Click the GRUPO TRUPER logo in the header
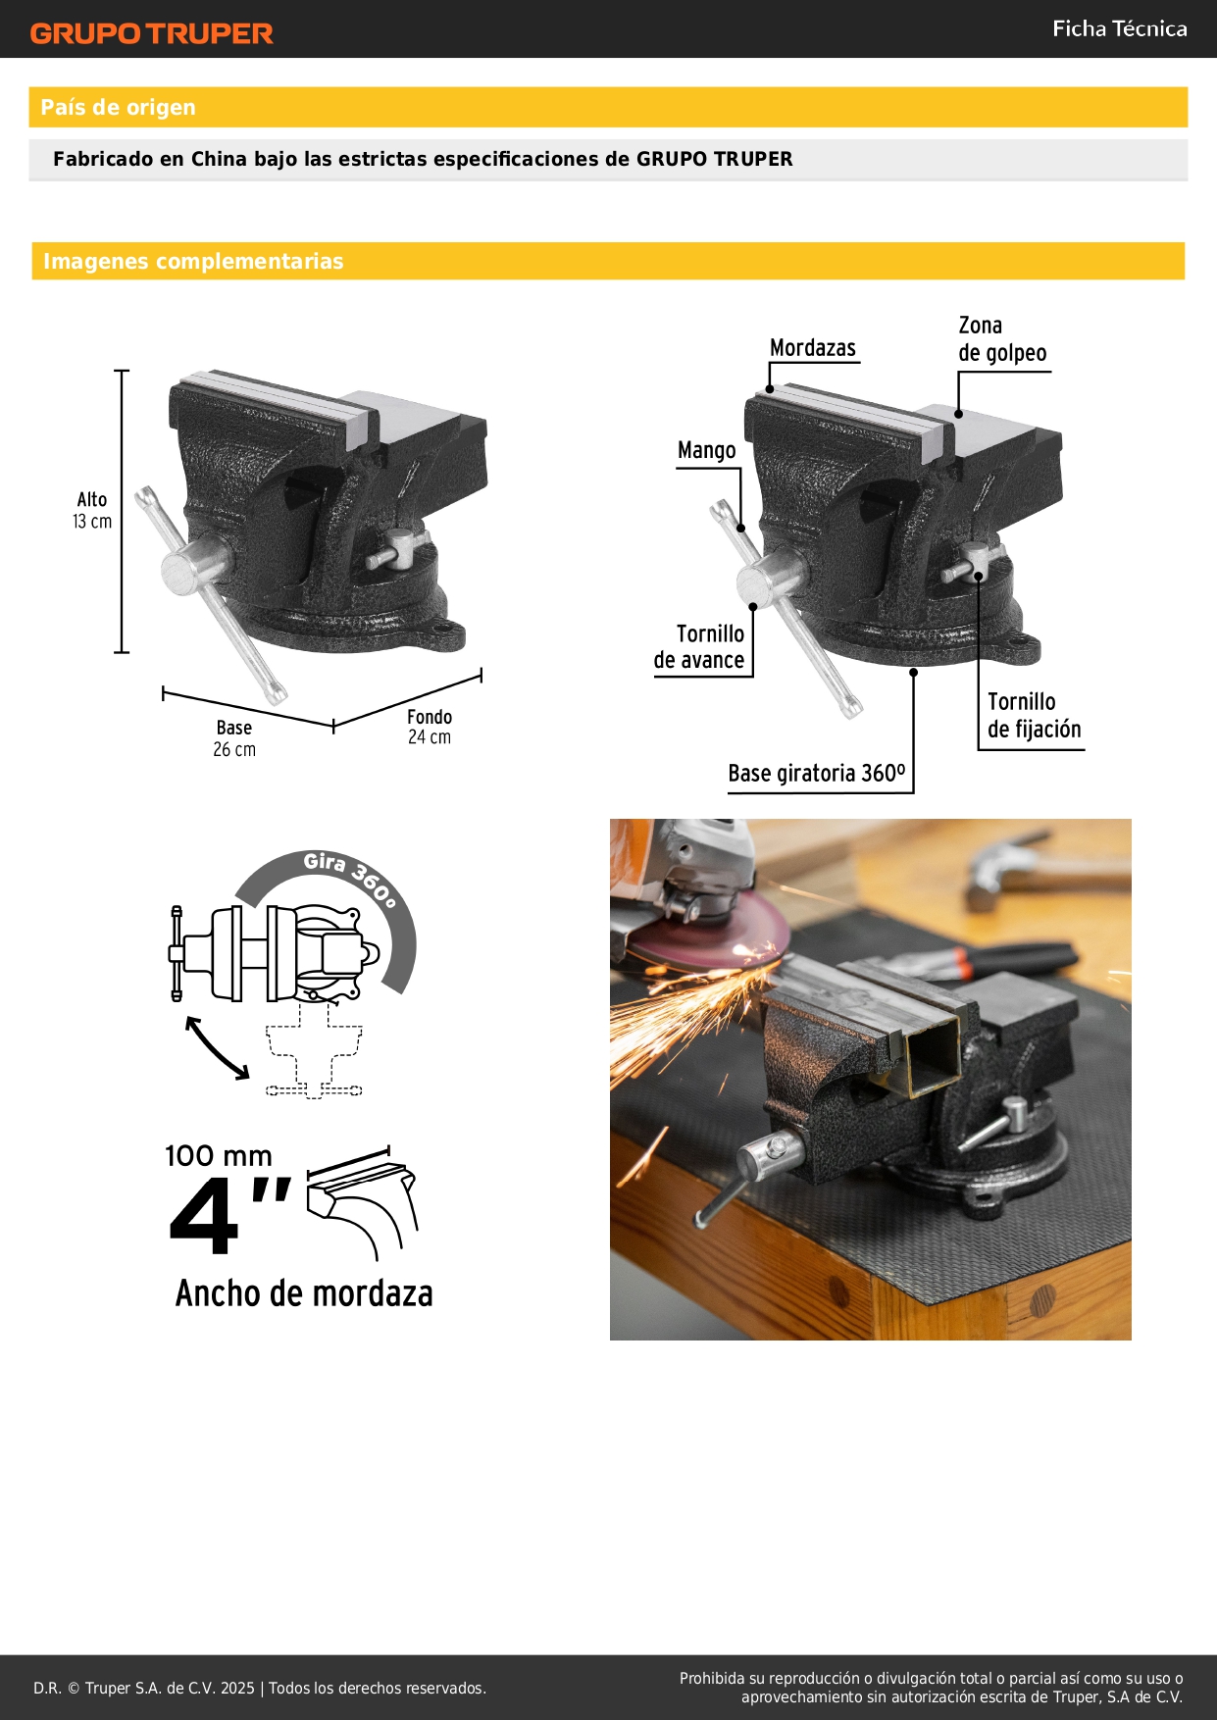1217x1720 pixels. click(151, 33)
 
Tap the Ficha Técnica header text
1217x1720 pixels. click(1119, 28)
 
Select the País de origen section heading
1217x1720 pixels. click(118, 107)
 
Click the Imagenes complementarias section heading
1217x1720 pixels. click(193, 261)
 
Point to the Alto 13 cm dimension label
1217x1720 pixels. click(92, 510)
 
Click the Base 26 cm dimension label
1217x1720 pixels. click(234, 738)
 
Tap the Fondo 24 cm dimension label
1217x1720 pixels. click(430, 727)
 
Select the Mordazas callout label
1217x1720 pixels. click(812, 348)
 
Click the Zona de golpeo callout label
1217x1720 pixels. click(1002, 339)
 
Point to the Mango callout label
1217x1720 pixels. click(706, 450)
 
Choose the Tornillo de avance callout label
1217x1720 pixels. click(699, 647)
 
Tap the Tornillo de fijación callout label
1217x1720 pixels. click(1034, 715)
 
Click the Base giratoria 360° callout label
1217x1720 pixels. click(817, 774)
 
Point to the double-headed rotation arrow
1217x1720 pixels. click(218, 1048)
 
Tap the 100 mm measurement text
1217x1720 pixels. click(219, 1155)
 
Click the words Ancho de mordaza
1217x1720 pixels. click(304, 1293)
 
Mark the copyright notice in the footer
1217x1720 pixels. click(260, 1688)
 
